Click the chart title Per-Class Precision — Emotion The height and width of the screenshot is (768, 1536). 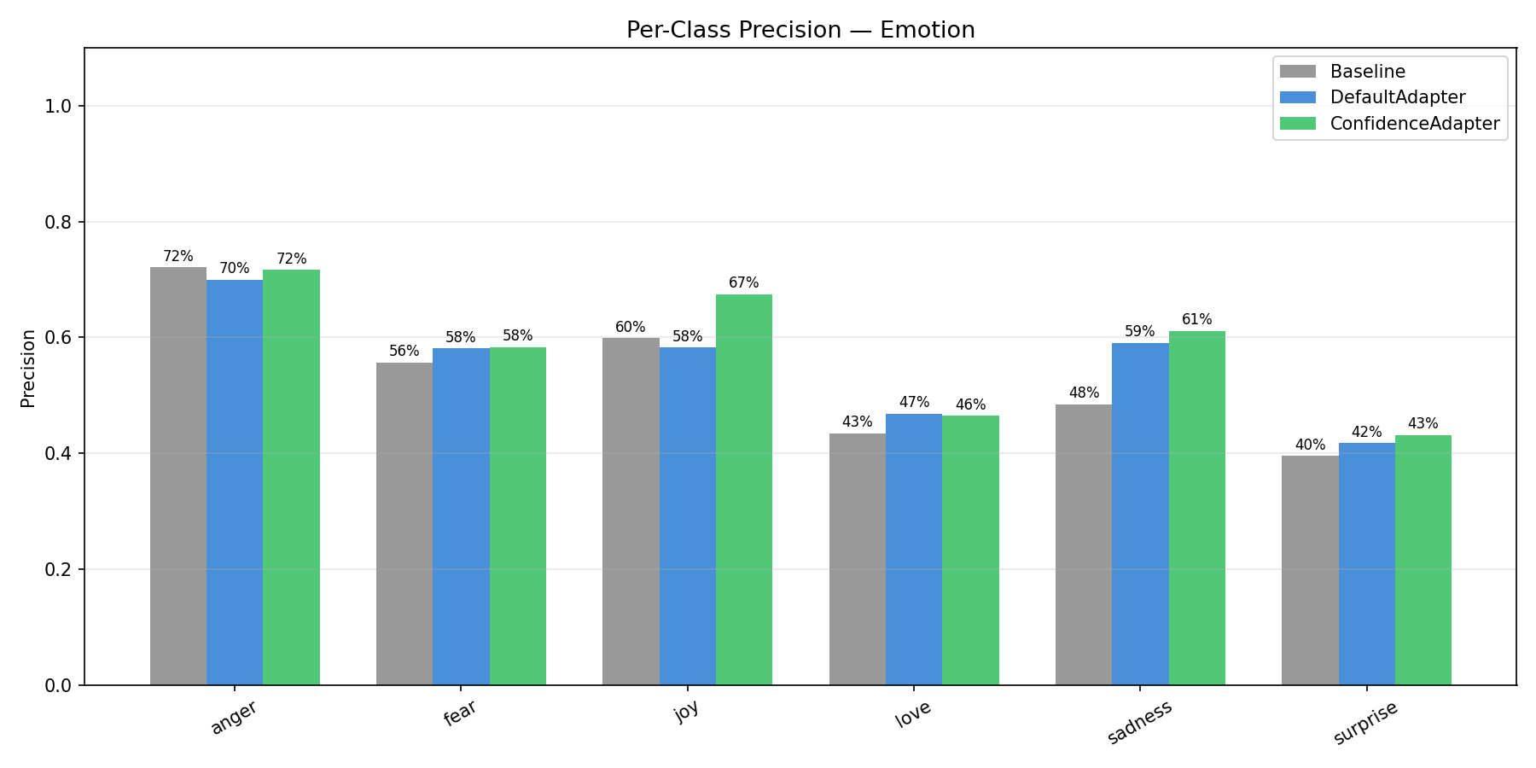click(x=800, y=30)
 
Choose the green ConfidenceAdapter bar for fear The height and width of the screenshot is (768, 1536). click(x=517, y=515)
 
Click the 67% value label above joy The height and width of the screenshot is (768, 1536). click(x=743, y=282)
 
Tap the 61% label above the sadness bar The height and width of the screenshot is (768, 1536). click(x=1196, y=319)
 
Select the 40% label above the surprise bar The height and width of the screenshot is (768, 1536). click(x=1310, y=445)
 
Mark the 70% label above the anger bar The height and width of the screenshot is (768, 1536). click(x=234, y=268)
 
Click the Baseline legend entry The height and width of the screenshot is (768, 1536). click(x=1367, y=72)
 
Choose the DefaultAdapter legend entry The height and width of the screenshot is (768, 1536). click(x=1397, y=97)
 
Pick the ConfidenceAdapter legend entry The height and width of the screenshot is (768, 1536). click(x=1414, y=123)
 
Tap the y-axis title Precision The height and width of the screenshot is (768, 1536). click(x=28, y=368)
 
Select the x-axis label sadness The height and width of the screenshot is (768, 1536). click(x=1139, y=722)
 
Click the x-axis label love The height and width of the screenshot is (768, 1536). click(x=912, y=715)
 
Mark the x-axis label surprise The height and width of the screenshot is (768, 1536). click(x=1365, y=723)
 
